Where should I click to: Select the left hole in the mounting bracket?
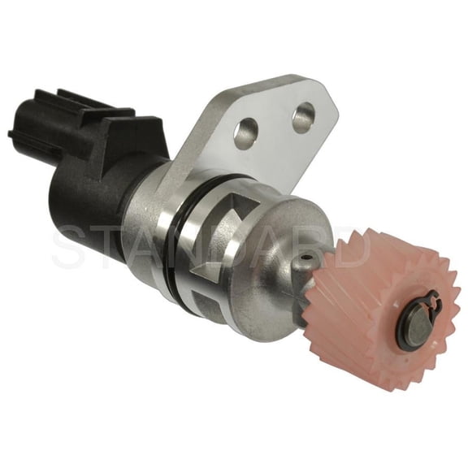(245, 133)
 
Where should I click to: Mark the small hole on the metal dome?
(305, 260)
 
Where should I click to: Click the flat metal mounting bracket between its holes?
(274, 125)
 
